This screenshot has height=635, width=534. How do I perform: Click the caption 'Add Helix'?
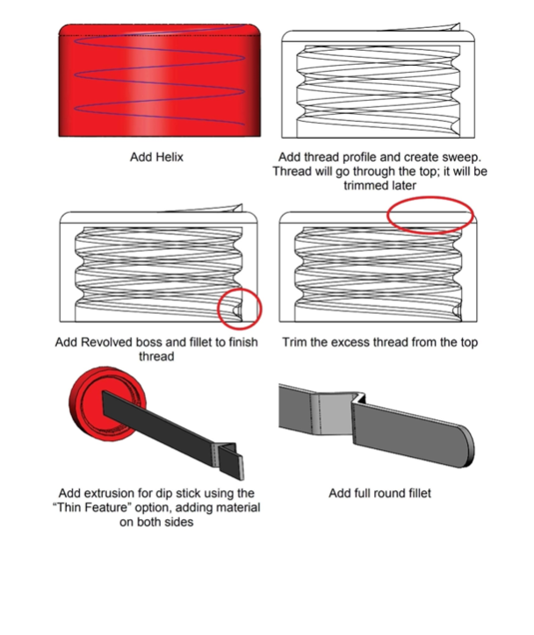[x=158, y=157]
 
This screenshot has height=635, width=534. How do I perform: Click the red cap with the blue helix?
[x=158, y=79]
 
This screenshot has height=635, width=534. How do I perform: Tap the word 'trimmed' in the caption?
[x=372, y=186]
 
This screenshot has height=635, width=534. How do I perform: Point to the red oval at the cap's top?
[x=429, y=214]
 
